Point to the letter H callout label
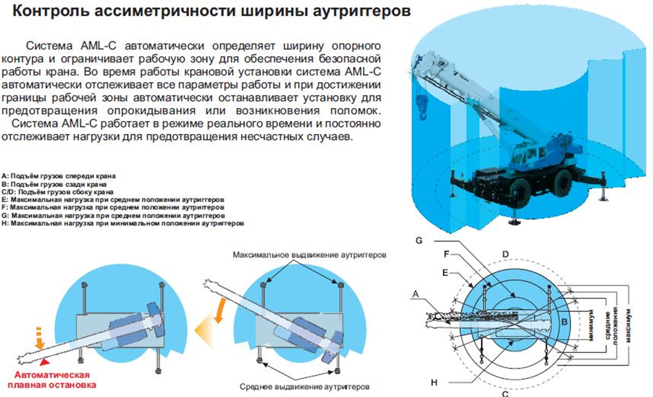[x=434, y=383]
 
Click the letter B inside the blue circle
[x=566, y=321]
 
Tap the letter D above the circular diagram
[x=504, y=254]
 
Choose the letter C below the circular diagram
[x=505, y=394]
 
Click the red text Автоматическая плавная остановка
[x=49, y=380]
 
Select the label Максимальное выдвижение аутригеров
[x=309, y=254]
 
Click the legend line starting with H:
[x=123, y=224]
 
